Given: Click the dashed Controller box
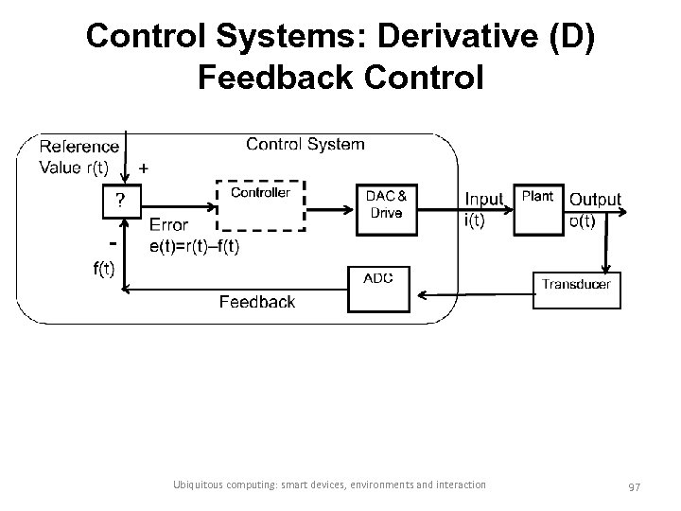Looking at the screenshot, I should pos(260,204).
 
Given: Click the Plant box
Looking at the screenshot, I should pos(537,208).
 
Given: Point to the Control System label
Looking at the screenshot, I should pos(305,144).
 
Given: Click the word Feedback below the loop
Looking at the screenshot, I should pos(256,302).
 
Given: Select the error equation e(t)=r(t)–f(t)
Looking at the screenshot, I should pos(194,245).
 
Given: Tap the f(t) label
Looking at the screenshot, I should pos(103,269).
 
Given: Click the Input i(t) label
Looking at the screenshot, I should pos(483,208).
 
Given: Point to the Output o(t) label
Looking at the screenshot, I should pos(595,209).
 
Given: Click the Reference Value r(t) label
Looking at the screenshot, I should pos(79,157).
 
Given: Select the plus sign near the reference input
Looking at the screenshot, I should pos(143,167).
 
